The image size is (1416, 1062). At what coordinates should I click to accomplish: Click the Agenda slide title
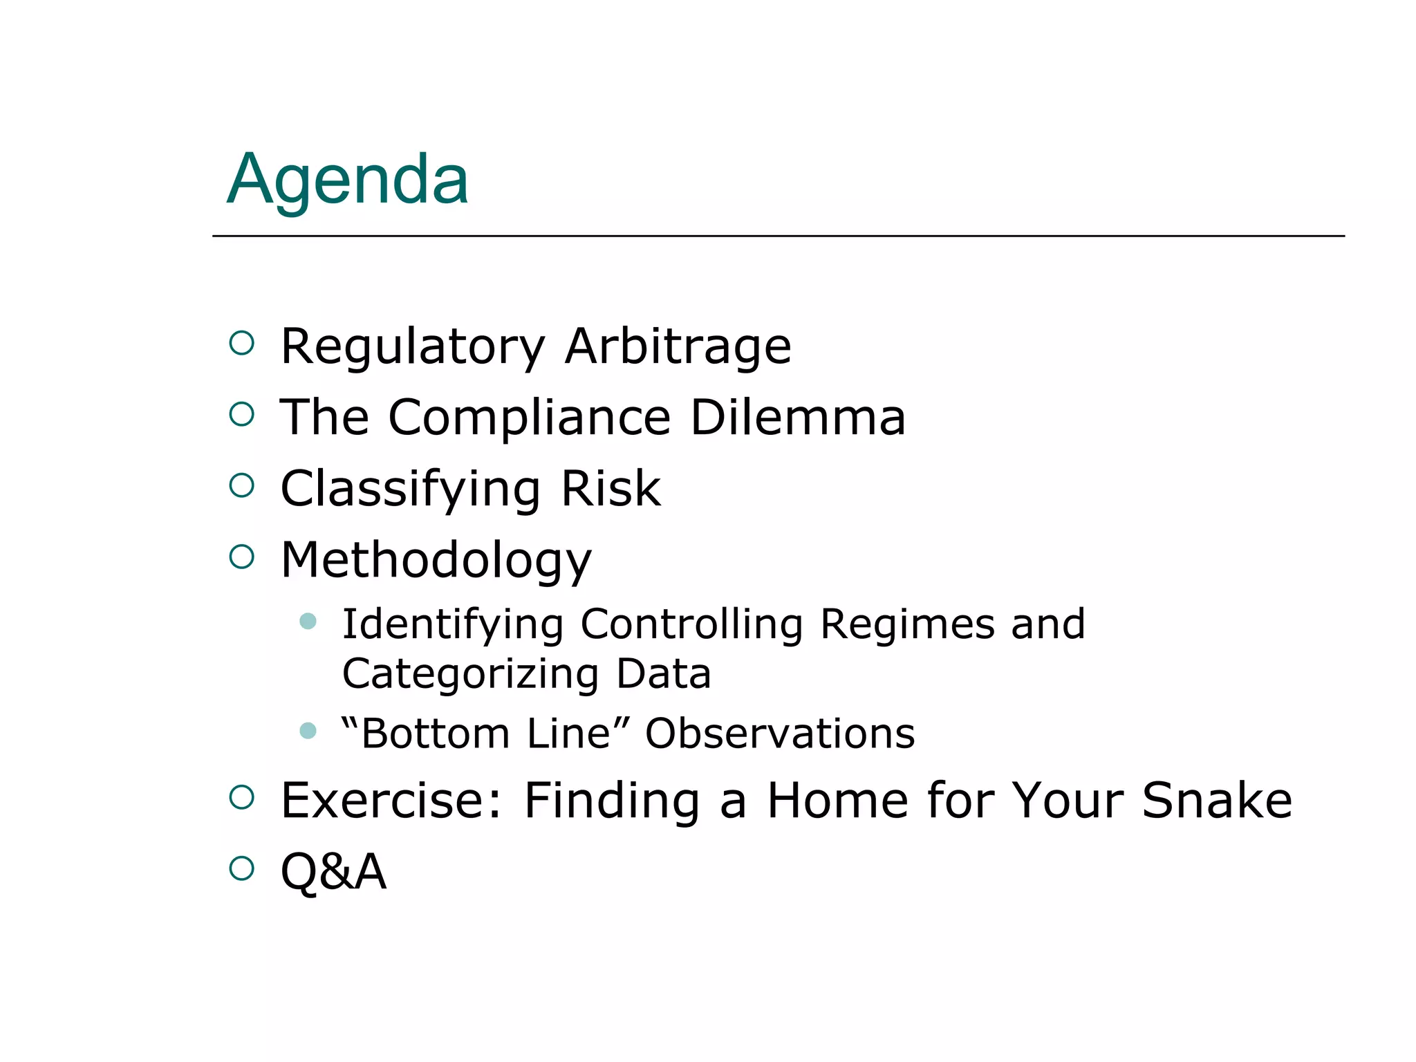(x=348, y=180)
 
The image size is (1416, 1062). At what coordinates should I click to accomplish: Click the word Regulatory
(x=413, y=346)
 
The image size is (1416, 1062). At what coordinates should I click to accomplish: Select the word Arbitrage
(x=678, y=346)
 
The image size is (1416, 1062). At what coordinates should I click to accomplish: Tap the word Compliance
(x=530, y=418)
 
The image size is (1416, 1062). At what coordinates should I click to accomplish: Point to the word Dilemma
(x=798, y=418)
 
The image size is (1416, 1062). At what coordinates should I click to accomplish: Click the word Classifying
(x=410, y=490)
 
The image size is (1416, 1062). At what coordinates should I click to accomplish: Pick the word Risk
(x=611, y=488)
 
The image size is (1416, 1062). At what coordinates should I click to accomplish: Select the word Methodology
(x=436, y=560)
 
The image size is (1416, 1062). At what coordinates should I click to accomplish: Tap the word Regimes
(x=907, y=624)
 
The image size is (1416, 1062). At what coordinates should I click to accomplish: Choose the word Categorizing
(x=470, y=674)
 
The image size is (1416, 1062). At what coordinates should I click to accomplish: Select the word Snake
(x=1216, y=800)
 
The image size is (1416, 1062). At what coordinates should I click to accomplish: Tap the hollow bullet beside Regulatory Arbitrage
(x=241, y=343)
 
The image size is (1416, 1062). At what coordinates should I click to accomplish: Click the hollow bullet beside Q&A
(x=241, y=868)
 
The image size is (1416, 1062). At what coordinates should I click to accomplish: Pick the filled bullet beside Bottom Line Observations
(x=308, y=730)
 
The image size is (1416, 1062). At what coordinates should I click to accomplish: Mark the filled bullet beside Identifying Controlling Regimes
(x=308, y=621)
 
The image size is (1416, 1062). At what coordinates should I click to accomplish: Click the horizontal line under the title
(x=778, y=236)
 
